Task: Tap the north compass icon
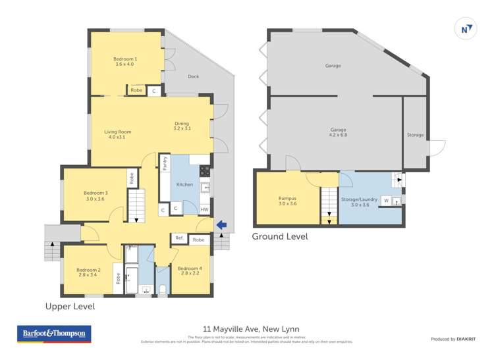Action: (x=466, y=29)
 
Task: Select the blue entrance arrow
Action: (x=222, y=225)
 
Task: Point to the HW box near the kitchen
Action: (x=205, y=210)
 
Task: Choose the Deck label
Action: (x=193, y=77)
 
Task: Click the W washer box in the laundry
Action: (x=386, y=200)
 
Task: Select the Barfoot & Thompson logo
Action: (x=54, y=334)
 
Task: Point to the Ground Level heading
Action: (x=280, y=236)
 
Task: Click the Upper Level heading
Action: (x=70, y=306)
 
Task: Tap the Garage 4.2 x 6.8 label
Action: (x=339, y=132)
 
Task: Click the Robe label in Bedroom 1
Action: (x=136, y=90)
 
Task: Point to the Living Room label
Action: (x=118, y=134)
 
